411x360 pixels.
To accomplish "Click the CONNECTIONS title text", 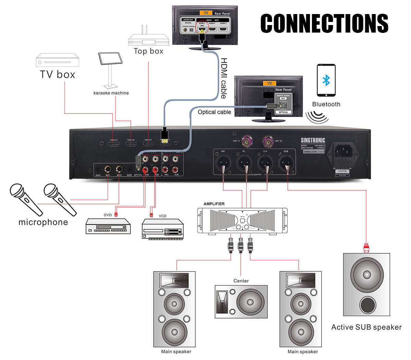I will (324, 23).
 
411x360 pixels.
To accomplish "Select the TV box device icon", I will (58, 60).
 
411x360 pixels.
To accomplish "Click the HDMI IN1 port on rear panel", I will (114, 144).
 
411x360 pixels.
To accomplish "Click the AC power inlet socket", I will (342, 151).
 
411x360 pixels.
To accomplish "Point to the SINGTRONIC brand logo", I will (313, 140).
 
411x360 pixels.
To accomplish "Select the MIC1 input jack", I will (108, 169).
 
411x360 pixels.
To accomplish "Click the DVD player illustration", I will (108, 227).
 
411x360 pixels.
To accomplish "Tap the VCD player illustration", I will (163, 229).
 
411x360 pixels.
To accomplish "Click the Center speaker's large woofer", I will (250, 302).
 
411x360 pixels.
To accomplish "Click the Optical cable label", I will (214, 112).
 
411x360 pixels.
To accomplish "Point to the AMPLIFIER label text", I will (214, 204).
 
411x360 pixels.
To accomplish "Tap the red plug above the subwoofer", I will (366, 247).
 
